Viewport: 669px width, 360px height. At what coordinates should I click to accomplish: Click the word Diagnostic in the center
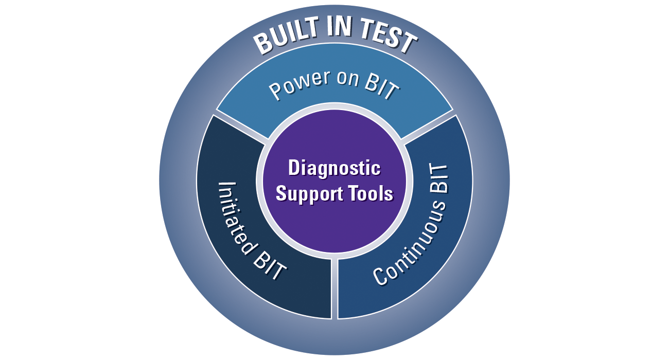tap(334, 168)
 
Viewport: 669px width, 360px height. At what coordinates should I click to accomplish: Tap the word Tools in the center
tap(371, 194)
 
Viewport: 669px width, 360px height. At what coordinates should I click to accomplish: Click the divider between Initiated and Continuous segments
tap(334, 288)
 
